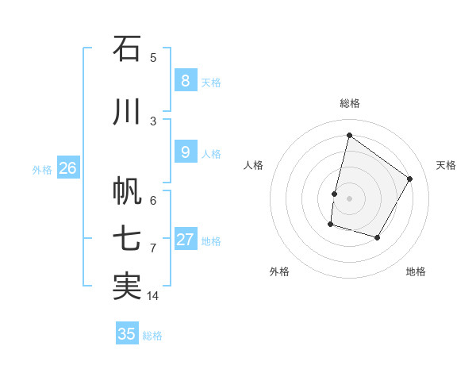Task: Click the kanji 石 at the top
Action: [x=127, y=49]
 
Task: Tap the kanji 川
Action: [x=127, y=113]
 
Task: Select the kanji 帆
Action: [x=127, y=191]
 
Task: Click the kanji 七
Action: [x=127, y=240]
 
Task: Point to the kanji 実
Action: [x=127, y=287]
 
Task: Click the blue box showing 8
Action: [x=185, y=80]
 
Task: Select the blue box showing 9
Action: [x=185, y=152]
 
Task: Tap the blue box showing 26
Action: [x=67, y=167]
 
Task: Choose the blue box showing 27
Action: [x=186, y=240]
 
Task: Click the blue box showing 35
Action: [x=127, y=334]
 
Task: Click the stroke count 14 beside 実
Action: [x=153, y=296]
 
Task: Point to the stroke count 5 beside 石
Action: [x=153, y=58]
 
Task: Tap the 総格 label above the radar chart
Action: [x=349, y=103]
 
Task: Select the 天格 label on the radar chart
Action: [x=446, y=165]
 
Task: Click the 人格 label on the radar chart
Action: [x=253, y=165]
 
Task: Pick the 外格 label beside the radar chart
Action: [x=278, y=272]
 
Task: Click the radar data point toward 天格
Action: [x=410, y=179]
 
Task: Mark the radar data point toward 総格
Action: [x=349, y=136]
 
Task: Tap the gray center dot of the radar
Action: [x=349, y=198]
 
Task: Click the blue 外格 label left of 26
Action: [x=41, y=169]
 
